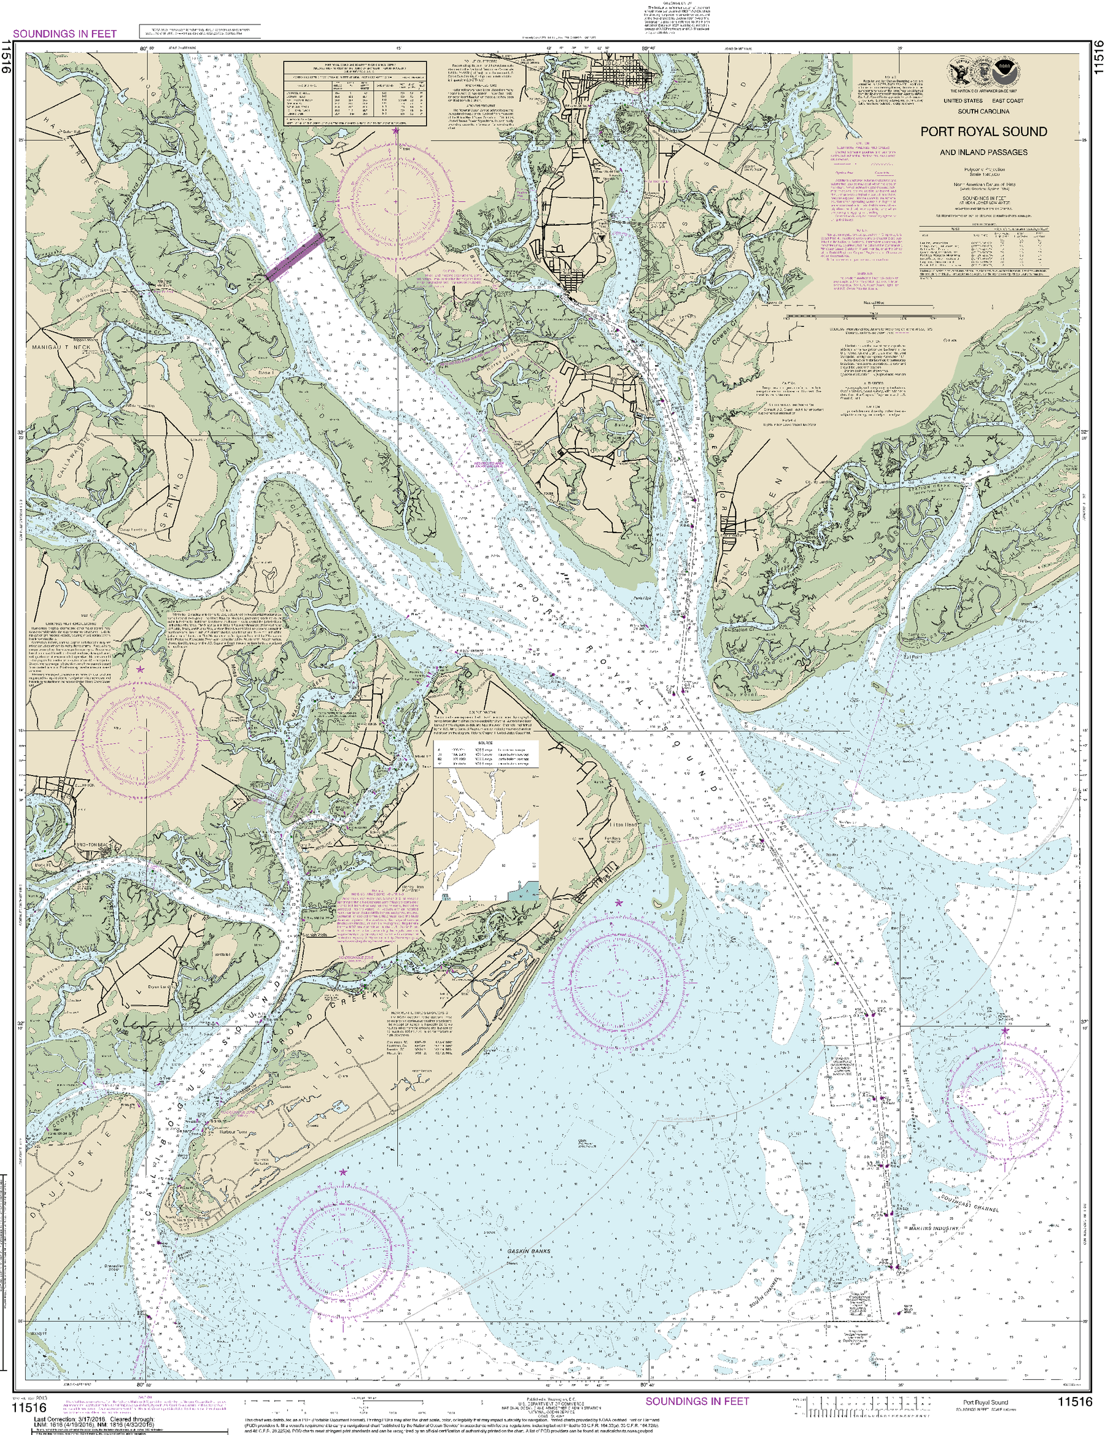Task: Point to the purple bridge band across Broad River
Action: [x=295, y=257]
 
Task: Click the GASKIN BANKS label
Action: [x=529, y=1252]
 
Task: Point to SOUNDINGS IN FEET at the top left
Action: [x=64, y=34]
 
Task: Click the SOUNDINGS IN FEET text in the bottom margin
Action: [x=697, y=1401]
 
